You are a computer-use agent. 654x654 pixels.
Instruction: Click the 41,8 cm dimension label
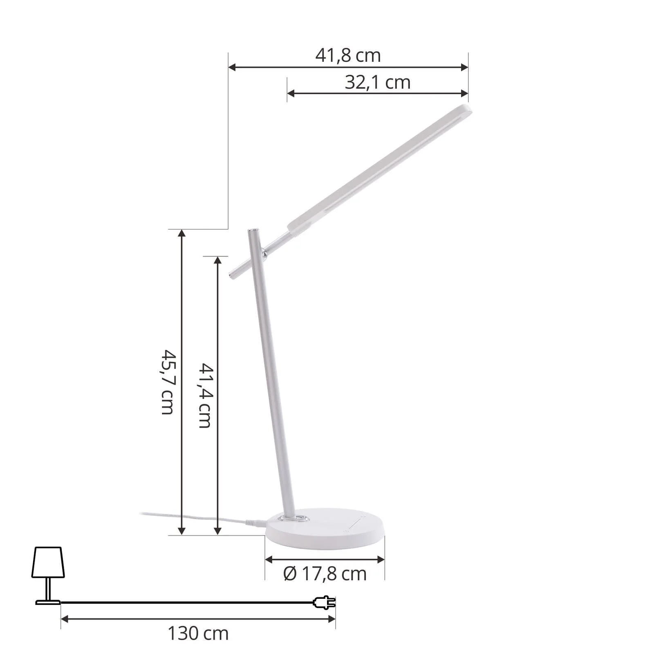click(x=348, y=56)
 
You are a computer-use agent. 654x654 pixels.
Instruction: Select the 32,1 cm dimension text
click(x=377, y=83)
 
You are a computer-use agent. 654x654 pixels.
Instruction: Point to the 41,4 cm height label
click(x=205, y=395)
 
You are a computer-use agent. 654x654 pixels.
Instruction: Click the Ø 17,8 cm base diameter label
click(x=325, y=574)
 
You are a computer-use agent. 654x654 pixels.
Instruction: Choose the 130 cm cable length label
click(x=198, y=634)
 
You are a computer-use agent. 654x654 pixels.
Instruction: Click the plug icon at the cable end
click(x=325, y=602)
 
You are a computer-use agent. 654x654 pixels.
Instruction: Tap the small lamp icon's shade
click(x=48, y=562)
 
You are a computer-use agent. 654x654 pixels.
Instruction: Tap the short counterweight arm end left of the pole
click(x=233, y=275)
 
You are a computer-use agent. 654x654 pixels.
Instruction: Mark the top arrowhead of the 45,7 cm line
click(x=182, y=233)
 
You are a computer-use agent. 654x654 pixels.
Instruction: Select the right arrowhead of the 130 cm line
click(x=331, y=619)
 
